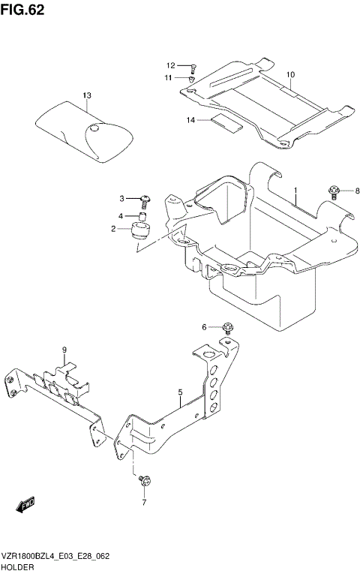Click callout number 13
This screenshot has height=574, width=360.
87,96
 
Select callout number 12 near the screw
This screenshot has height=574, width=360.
170,66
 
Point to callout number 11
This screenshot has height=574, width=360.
170,77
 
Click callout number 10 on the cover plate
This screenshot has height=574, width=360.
290,74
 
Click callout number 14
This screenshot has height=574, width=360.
190,120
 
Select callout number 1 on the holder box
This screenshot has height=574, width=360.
295,191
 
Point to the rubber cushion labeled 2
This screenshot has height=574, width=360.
139,230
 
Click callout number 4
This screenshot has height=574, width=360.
120,216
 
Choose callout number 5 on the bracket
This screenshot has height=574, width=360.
181,392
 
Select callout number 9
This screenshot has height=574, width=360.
64,350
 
